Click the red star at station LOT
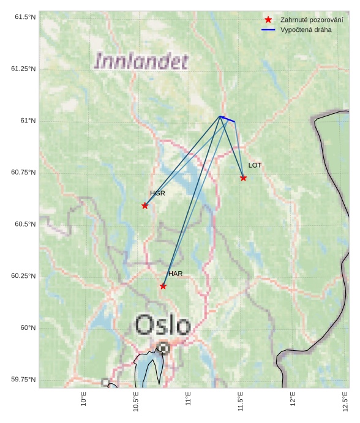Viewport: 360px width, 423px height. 244,178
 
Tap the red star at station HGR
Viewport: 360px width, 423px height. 145,206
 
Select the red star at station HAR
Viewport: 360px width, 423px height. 163,286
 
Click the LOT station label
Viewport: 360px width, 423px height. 255,165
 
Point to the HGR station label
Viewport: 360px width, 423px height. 157,193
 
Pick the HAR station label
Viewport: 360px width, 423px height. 175,274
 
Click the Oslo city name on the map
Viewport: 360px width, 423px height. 163,325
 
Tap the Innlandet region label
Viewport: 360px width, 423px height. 141,61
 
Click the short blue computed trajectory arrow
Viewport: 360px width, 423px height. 227,119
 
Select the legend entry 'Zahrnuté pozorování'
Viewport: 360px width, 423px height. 312,20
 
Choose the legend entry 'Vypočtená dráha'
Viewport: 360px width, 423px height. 306,29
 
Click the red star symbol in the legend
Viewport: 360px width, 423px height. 268,20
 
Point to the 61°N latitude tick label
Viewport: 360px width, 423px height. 28,121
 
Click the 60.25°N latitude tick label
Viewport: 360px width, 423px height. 24,276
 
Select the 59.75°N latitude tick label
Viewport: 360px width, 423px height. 24,380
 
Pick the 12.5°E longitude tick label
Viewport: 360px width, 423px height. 345,402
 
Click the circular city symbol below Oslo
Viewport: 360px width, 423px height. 163,348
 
